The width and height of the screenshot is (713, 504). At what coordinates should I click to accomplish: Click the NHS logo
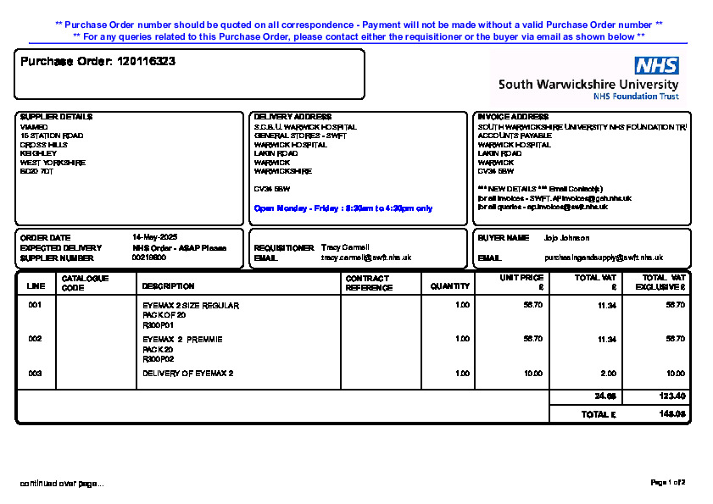tap(656, 65)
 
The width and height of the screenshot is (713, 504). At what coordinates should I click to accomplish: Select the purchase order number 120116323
tap(146, 62)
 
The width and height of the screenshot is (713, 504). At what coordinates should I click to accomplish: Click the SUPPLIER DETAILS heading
tap(56, 117)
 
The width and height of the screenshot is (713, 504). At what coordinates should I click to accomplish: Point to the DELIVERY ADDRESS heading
tap(292, 117)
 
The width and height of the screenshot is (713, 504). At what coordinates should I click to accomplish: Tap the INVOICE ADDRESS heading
tap(513, 117)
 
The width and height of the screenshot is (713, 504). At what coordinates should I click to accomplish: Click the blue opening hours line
tap(343, 208)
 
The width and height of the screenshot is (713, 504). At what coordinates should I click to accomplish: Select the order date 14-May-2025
tap(154, 237)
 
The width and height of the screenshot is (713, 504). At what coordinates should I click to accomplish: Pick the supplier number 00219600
tap(149, 258)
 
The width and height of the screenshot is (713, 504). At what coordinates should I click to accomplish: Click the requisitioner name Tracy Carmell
tap(345, 247)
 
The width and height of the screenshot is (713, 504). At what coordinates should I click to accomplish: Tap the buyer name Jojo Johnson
tap(566, 238)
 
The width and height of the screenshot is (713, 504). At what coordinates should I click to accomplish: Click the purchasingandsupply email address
tap(603, 258)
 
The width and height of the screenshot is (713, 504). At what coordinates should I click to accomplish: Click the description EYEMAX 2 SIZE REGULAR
tap(191, 305)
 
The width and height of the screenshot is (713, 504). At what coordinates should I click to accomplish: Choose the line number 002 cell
tap(35, 339)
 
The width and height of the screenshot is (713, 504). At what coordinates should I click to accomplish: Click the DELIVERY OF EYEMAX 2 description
tap(187, 373)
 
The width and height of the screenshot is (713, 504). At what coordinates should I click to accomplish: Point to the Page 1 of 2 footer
tap(667, 483)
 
